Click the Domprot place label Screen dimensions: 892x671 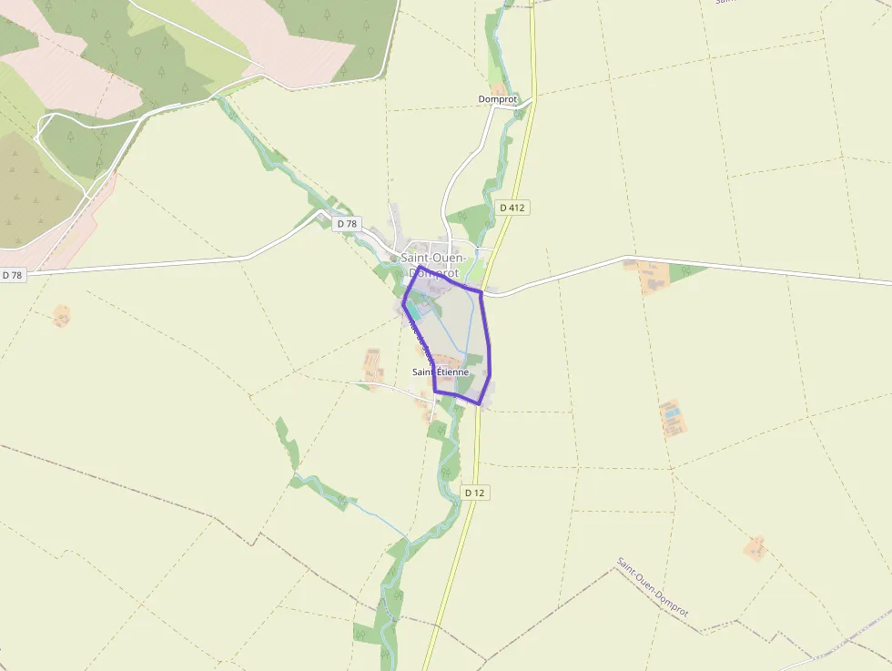497,98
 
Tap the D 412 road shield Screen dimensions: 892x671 513,208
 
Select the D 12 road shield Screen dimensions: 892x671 476,493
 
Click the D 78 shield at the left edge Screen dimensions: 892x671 12,274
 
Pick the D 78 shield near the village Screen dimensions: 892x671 346,223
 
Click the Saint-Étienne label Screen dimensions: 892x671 441,371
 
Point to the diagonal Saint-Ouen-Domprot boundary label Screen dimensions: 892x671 653,587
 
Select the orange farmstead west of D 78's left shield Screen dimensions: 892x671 61,316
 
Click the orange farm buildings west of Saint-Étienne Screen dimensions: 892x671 373,363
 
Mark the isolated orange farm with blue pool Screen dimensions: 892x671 672,416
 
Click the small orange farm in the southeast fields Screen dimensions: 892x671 755,547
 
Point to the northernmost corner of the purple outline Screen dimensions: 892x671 419,267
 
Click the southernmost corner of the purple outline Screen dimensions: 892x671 479,403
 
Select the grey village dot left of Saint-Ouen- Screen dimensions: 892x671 393,259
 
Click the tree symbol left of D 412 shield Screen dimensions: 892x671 463,216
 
